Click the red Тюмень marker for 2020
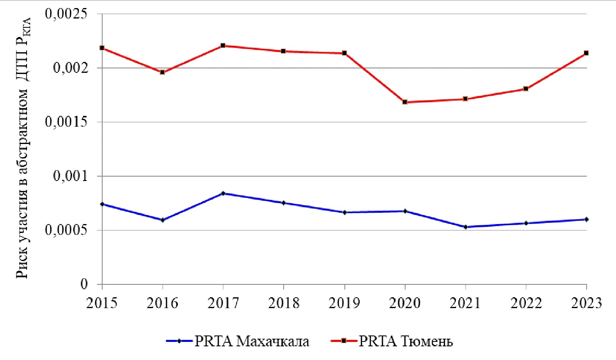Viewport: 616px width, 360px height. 405,102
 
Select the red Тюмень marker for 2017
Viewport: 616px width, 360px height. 223,45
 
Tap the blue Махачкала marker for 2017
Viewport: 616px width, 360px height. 223,193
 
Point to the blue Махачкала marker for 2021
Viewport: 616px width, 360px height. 466,227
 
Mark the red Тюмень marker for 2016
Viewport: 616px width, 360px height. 163,72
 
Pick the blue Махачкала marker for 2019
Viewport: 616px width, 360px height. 344,212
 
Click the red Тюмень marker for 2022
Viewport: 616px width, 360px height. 526,88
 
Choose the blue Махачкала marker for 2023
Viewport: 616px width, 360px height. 587,219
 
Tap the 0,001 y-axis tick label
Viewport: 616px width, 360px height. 70,176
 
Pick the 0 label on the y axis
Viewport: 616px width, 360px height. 84,284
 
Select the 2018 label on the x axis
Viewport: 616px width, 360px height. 284,303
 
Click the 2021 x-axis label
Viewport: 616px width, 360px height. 466,303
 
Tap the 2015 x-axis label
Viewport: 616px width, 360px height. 102,303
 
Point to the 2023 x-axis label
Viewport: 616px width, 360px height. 587,303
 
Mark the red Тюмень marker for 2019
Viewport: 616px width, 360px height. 344,53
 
